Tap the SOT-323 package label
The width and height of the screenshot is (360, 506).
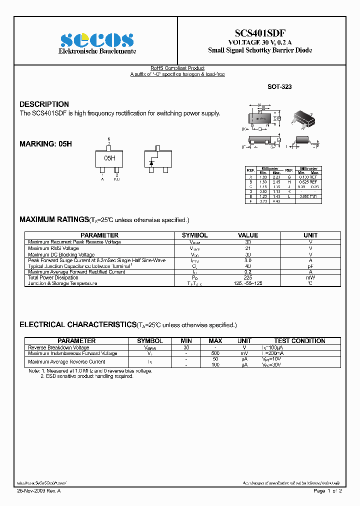tap(279, 86)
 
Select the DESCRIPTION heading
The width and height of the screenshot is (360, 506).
tap(44, 104)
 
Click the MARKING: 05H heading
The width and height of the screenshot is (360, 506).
tap(45, 143)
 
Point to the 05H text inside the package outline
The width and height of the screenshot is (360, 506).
tap(109, 158)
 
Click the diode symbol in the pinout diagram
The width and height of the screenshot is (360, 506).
tap(151, 160)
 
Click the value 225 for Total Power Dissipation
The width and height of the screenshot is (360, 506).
tap(248, 277)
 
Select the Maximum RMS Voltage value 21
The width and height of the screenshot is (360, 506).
tap(248, 248)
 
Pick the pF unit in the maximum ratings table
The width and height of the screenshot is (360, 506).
tap(310, 266)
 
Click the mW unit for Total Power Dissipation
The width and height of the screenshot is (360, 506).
tap(310, 277)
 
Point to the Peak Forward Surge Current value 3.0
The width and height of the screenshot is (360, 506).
tap(248, 260)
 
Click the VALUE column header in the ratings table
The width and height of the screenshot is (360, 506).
tap(248, 235)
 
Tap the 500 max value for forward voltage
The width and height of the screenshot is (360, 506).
tap(215, 353)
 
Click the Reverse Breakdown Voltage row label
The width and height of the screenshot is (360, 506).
tap(58, 347)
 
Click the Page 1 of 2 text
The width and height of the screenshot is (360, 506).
tap(327, 491)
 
